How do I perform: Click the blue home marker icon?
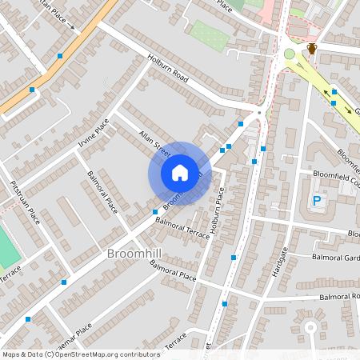point(180,172)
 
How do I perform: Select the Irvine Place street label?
point(94,135)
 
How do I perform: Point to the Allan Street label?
point(154,143)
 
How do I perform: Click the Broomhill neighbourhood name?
point(136,254)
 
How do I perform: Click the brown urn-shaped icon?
point(312,49)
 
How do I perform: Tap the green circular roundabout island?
point(289,54)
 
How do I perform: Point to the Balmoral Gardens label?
point(334,258)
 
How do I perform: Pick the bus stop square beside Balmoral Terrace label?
point(155,212)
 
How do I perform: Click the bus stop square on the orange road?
point(60,56)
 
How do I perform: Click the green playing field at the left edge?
point(7,249)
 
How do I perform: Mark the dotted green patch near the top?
point(210,35)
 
